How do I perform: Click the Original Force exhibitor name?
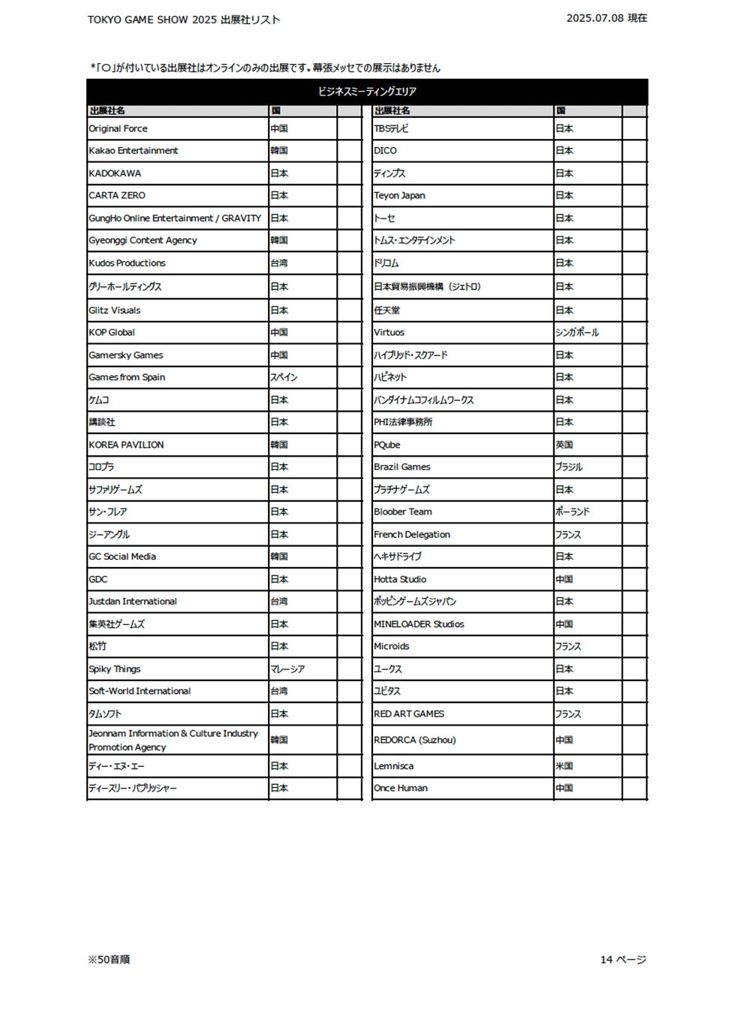tap(119, 128)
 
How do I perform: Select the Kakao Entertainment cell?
tap(134, 150)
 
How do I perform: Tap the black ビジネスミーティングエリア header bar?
tap(367, 92)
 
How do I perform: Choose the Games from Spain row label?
tap(127, 377)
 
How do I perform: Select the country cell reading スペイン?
tap(284, 377)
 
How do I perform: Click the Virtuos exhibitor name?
tap(389, 332)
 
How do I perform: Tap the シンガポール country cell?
tap(577, 332)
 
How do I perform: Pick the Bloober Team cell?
tap(403, 512)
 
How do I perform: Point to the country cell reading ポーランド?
tap(573, 512)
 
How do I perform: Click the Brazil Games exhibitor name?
tap(402, 466)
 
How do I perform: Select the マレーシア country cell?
tap(287, 668)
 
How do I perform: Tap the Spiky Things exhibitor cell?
tap(115, 668)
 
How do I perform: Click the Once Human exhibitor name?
tap(401, 788)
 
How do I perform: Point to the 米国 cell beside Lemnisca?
tap(564, 766)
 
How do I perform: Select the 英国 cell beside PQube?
tap(564, 445)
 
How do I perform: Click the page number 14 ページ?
tap(623, 959)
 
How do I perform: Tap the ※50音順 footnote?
tap(109, 959)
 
